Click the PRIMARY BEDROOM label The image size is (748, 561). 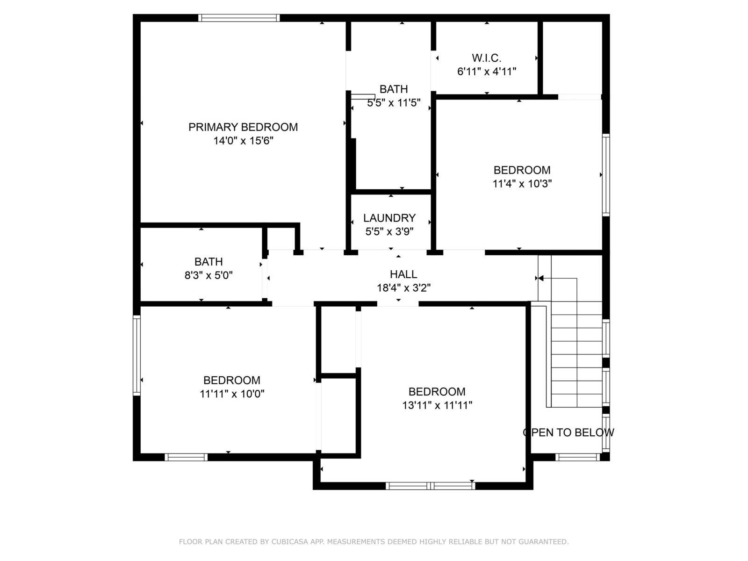coord(243,127)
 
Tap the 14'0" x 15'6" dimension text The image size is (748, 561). coord(243,141)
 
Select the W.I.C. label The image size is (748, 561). coord(486,58)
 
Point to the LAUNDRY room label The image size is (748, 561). coord(389,218)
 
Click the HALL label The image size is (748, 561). coord(403,274)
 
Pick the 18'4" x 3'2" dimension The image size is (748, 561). coord(403,288)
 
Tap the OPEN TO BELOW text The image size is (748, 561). coord(568,432)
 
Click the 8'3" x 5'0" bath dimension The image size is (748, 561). coord(209,275)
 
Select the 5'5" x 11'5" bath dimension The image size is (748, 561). coord(394,102)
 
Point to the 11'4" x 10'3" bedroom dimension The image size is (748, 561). coord(522,184)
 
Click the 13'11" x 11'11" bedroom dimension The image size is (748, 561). coord(437,405)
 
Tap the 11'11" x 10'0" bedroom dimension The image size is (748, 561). coord(232,394)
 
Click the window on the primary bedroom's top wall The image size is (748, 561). coord(239,18)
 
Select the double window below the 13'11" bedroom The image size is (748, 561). coord(431,486)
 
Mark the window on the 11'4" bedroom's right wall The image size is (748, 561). coord(606,175)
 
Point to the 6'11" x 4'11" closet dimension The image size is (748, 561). coord(486,72)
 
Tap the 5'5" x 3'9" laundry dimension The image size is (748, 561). coord(389,231)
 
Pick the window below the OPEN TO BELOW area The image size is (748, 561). coord(577,457)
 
